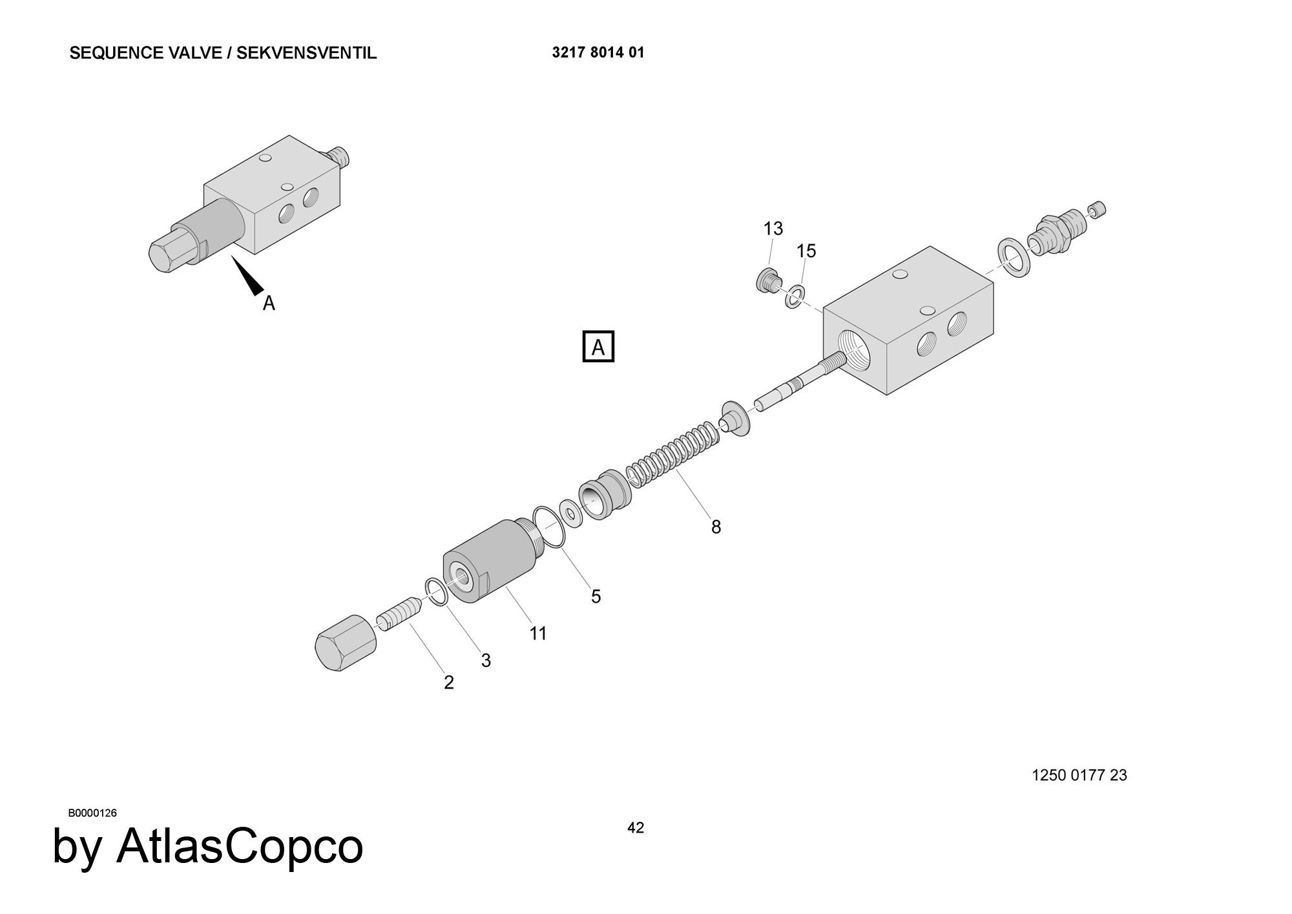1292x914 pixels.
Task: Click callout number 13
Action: coord(773,229)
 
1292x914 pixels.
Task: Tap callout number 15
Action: coord(806,251)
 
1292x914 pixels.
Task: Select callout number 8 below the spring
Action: coord(716,527)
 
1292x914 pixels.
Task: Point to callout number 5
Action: coord(596,596)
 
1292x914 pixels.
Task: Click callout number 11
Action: coord(538,634)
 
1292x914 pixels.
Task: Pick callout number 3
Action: coord(486,660)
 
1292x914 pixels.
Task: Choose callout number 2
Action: coord(449,682)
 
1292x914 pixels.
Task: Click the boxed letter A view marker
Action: coord(598,347)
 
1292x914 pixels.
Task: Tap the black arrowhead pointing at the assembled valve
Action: coord(248,276)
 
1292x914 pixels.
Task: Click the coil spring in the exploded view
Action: coord(672,455)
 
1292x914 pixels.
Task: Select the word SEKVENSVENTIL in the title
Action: coord(306,53)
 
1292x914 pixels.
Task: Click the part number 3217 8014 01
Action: coord(598,53)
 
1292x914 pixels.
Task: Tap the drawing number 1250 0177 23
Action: coord(1079,775)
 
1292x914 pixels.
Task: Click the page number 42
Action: coord(635,828)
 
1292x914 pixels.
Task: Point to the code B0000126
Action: coord(92,813)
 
